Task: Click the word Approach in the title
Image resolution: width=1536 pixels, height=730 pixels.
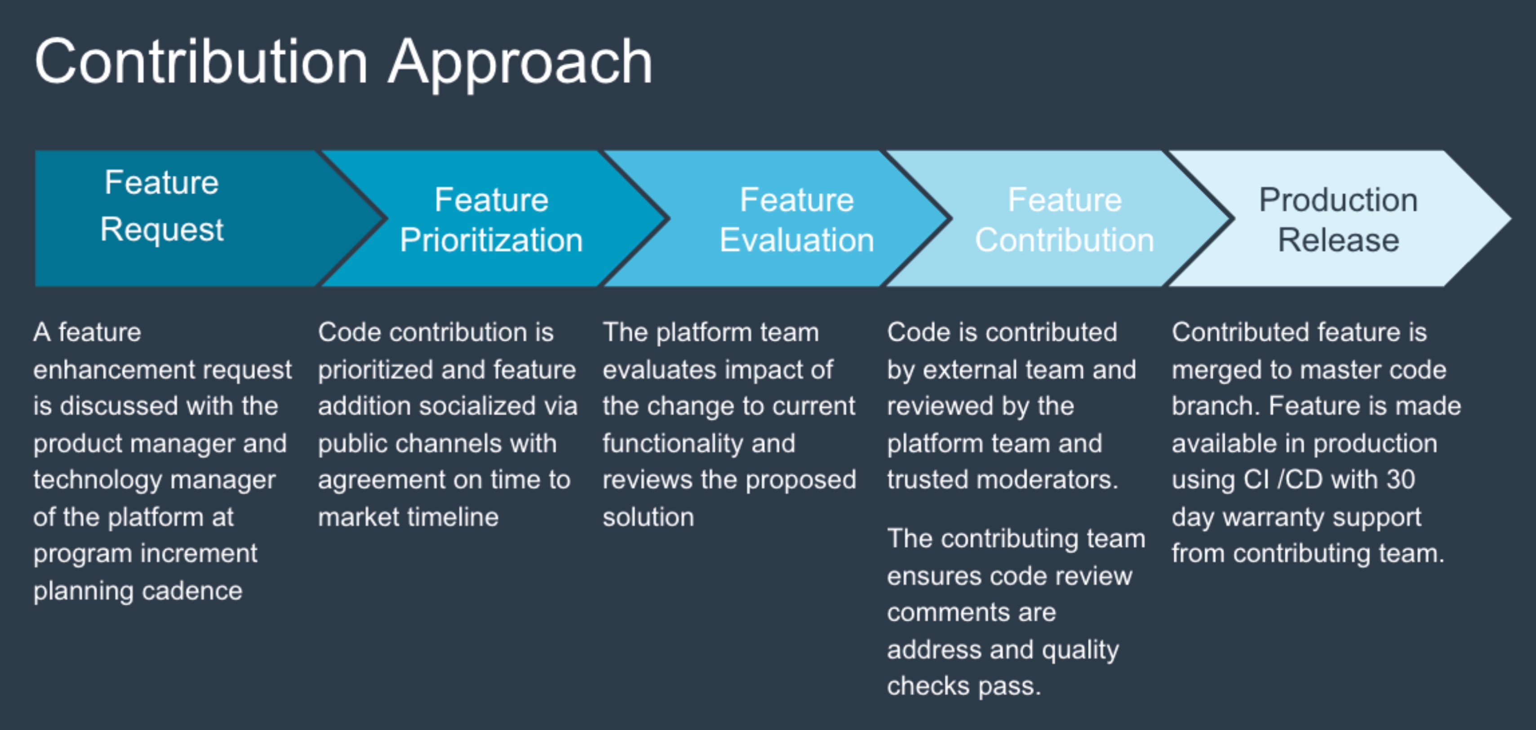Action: pyautogui.click(x=520, y=62)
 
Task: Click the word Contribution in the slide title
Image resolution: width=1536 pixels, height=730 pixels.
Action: pyautogui.click(x=201, y=62)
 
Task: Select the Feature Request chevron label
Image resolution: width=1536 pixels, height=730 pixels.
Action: pyautogui.click(x=162, y=206)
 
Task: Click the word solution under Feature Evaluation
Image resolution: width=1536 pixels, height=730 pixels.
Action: pyautogui.click(x=648, y=517)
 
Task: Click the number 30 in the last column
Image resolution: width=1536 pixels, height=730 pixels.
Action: pyautogui.click(x=1400, y=480)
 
